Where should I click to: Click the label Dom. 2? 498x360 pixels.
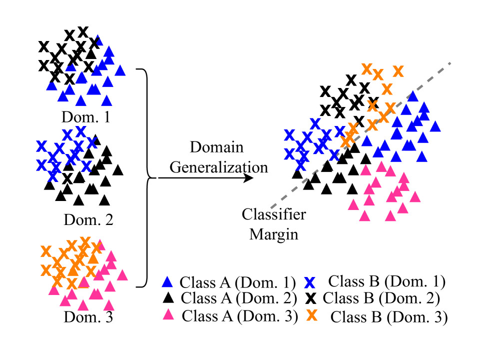point(88,219)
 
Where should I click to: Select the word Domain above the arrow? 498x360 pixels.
point(217,147)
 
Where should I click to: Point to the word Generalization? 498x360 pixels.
point(219,166)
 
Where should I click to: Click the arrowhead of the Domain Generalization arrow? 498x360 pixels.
point(249,177)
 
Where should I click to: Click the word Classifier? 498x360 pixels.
point(274,214)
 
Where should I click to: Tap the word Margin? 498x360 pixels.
point(274,233)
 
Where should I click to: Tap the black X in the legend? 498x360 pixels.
point(311,299)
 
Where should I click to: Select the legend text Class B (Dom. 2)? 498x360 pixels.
point(381,298)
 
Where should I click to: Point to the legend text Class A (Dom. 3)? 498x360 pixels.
point(240,316)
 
